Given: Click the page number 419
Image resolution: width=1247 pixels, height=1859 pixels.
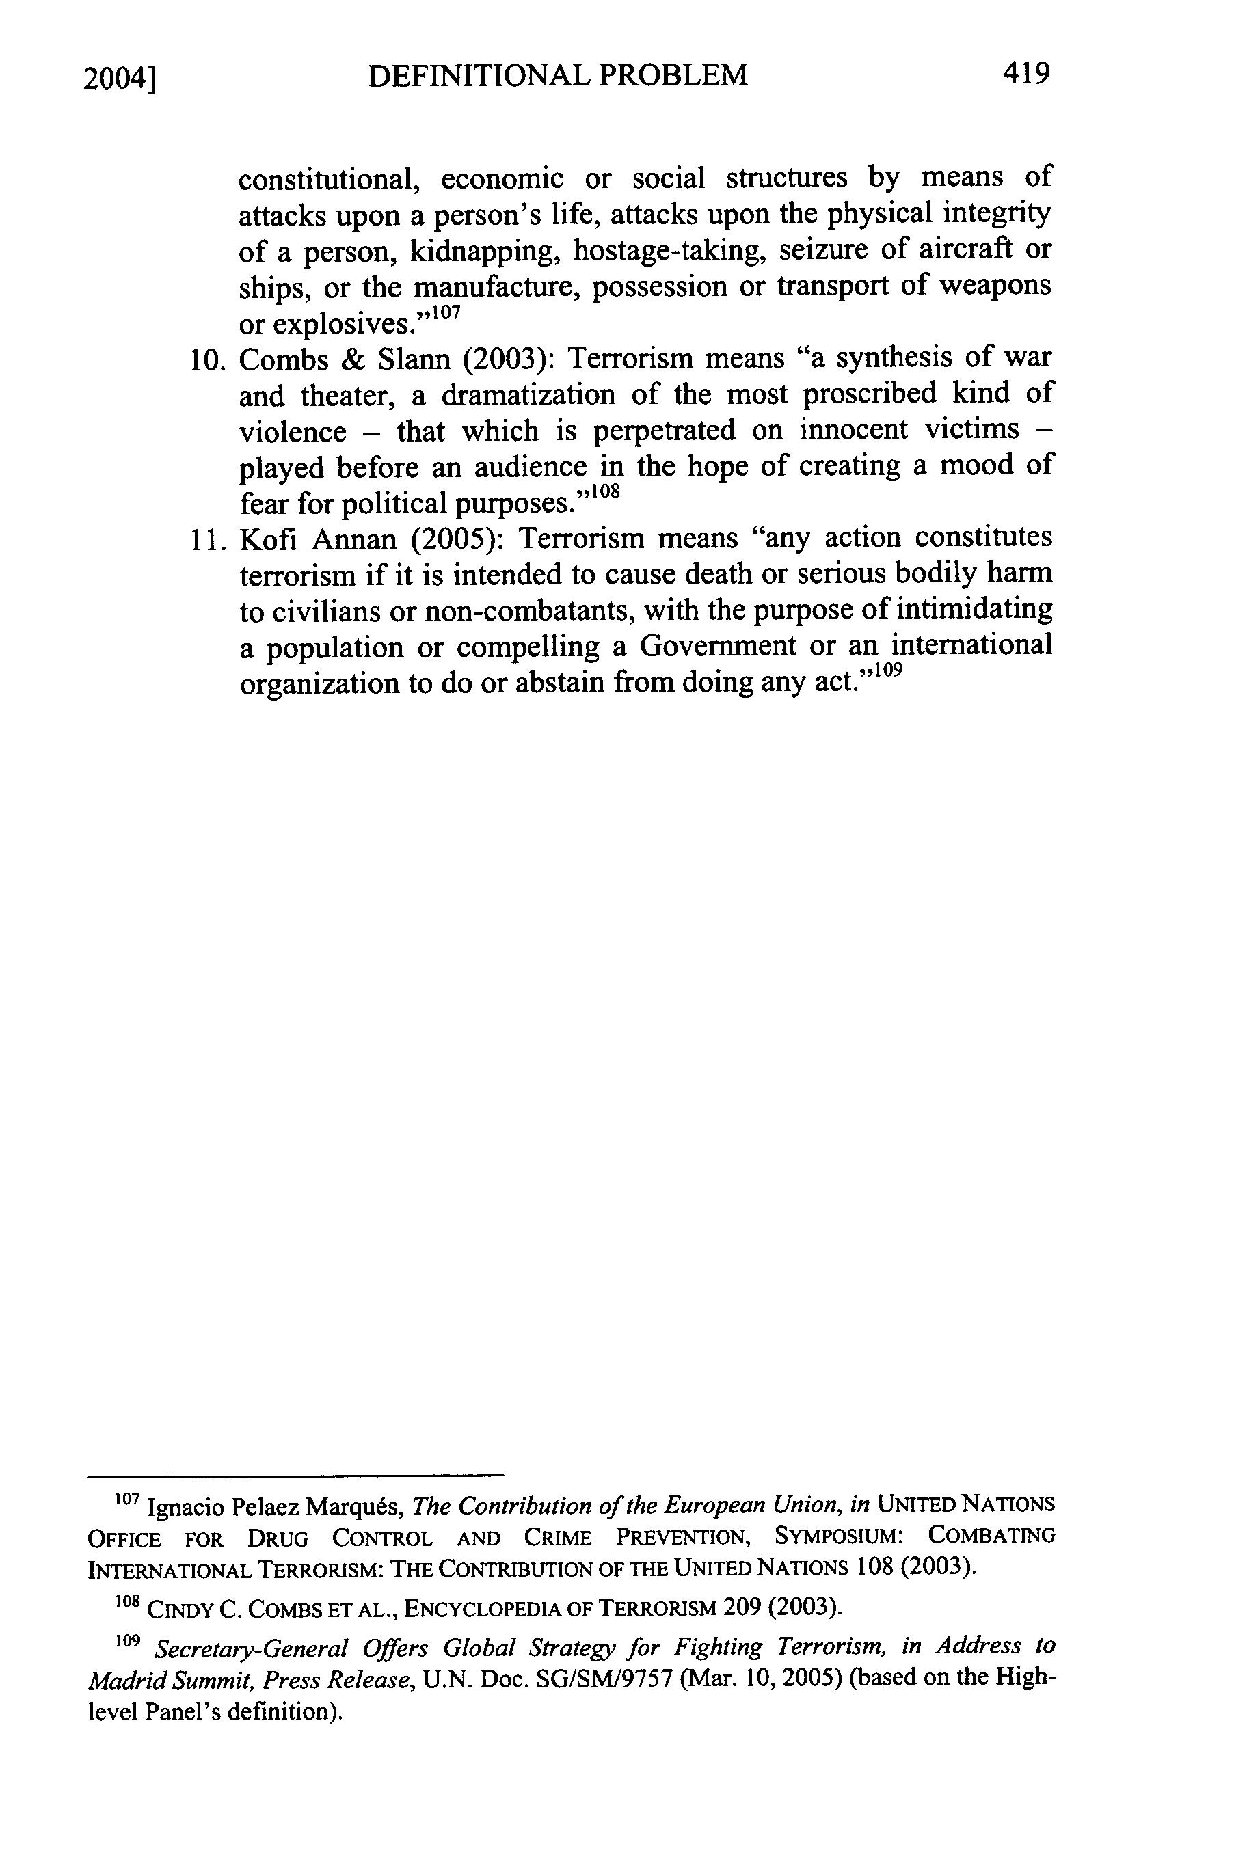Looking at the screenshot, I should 1026,74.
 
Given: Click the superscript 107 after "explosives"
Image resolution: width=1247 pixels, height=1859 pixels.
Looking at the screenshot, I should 446,313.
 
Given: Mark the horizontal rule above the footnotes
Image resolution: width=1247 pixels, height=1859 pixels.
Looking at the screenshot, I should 295,1475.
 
